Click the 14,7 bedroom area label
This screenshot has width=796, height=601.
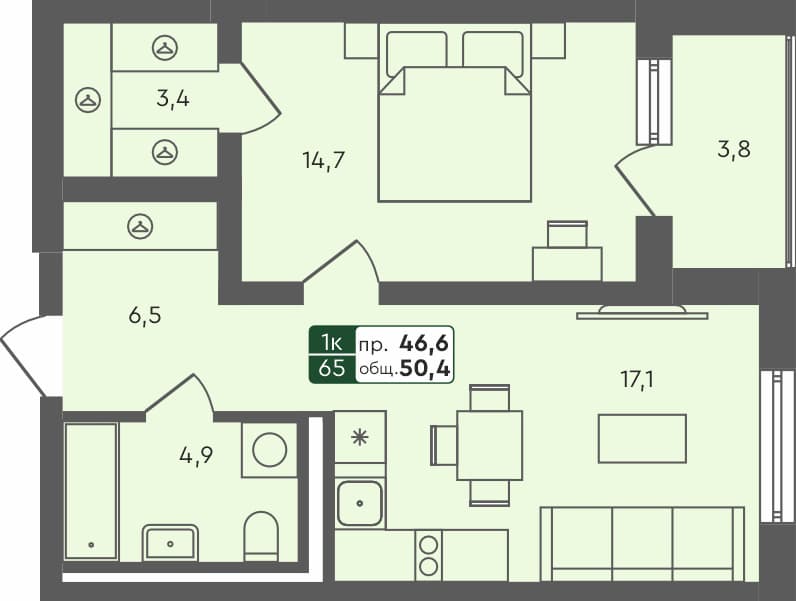tap(324, 159)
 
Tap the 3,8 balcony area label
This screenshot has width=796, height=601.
tap(733, 150)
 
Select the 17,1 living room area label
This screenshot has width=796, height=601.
tap(636, 379)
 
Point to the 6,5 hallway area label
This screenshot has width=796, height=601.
tap(144, 315)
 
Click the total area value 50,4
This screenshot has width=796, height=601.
tap(424, 369)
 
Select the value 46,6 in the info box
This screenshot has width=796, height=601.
tap(424, 343)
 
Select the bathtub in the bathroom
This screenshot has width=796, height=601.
tap(91, 490)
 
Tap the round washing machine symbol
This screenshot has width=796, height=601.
tap(270, 450)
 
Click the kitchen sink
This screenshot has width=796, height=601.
tap(360, 502)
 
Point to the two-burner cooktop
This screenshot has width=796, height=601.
tap(429, 556)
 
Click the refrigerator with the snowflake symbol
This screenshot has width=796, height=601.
tap(360, 436)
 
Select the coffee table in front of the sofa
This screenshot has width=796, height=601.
tap(642, 438)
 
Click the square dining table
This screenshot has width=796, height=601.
tap(489, 445)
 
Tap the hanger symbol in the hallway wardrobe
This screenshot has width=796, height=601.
tap(140, 227)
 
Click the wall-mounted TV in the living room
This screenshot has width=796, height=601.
tap(642, 313)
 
